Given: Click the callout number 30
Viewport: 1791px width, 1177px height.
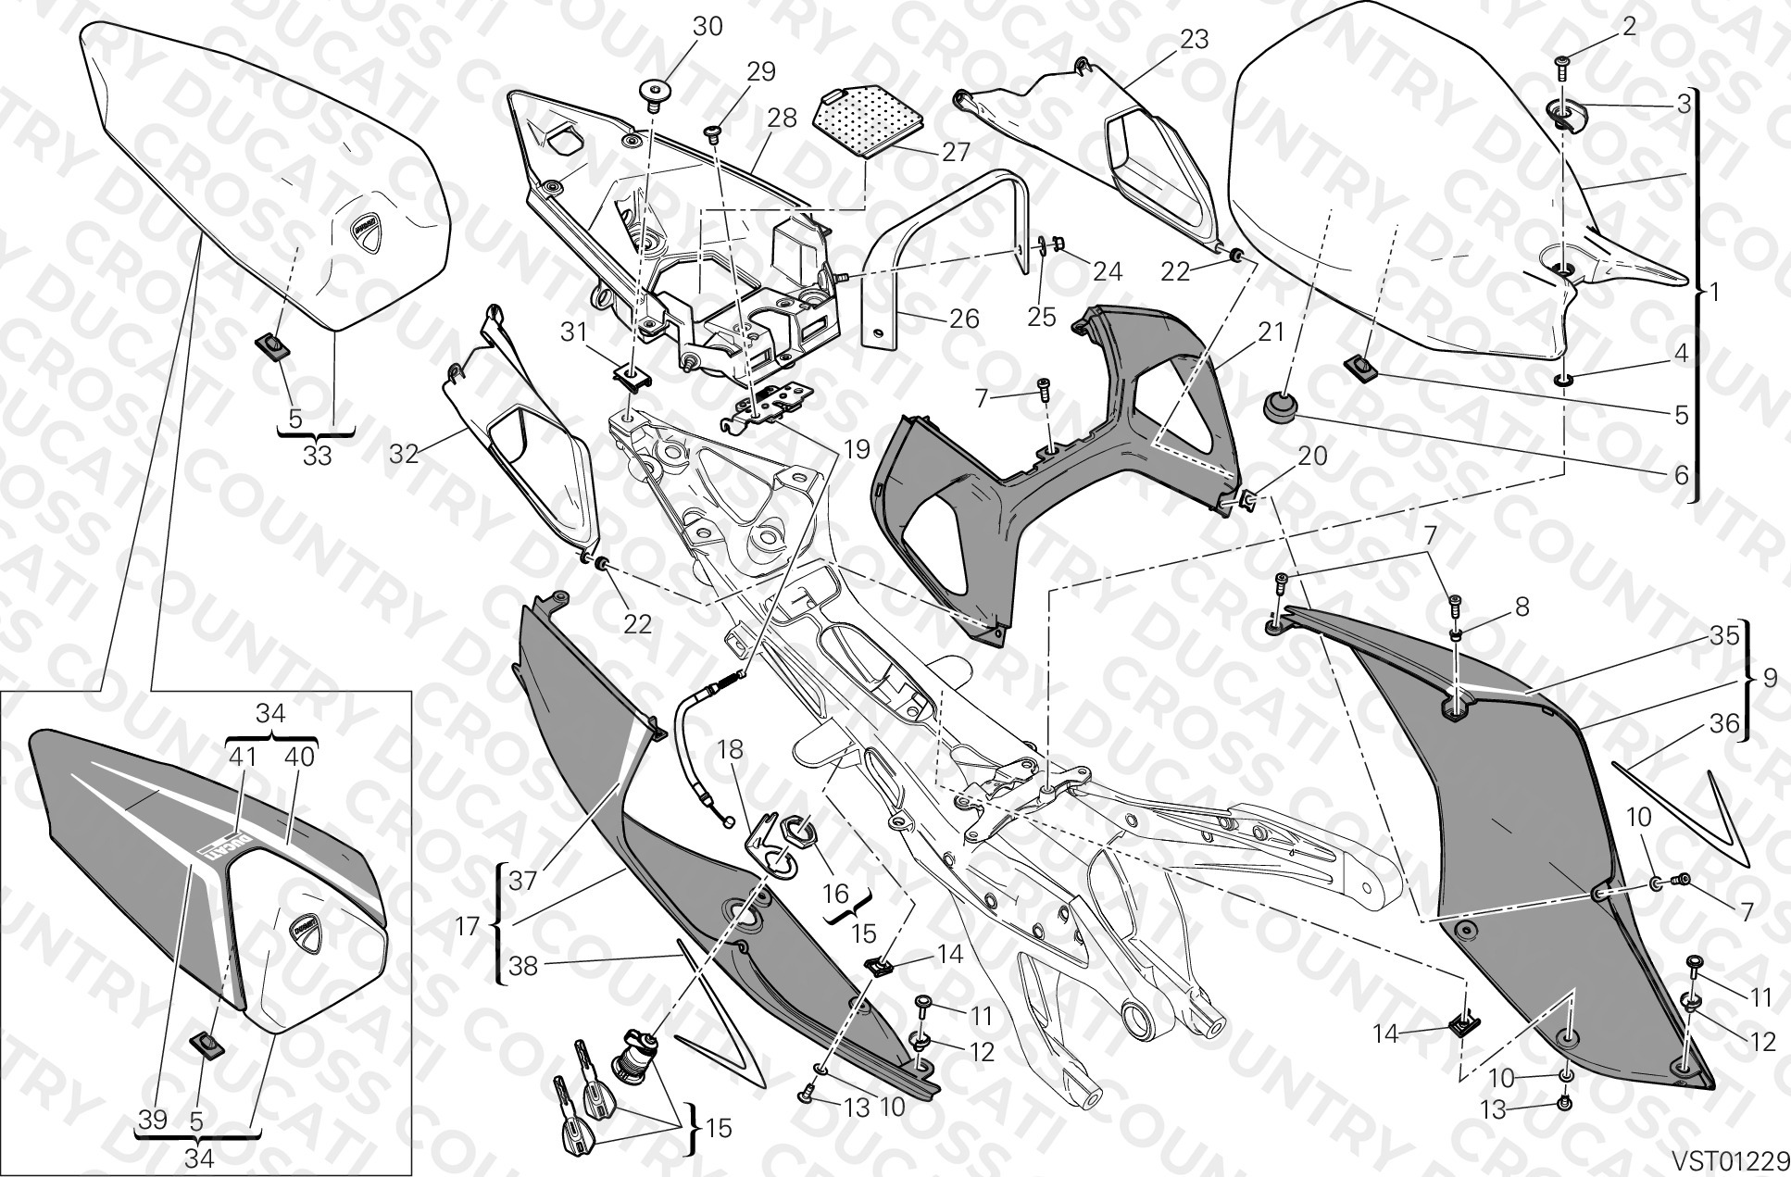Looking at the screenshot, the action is pos(708,27).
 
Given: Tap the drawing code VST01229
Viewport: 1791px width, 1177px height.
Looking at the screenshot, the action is pos(1729,1160).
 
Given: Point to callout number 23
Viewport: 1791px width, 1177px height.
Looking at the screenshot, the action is pos(1195,39).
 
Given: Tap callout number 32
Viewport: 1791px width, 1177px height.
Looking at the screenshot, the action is pos(405,454).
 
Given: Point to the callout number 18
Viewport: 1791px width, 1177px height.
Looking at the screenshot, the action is pos(730,750).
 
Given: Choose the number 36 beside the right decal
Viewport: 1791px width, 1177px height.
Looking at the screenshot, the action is pos(1724,723).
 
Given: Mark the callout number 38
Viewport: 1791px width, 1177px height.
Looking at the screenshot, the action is pos(523,967).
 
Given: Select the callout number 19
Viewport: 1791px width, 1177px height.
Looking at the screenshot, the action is pos(857,450).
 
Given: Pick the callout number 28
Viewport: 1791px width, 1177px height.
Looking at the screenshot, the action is pos(782,119).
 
